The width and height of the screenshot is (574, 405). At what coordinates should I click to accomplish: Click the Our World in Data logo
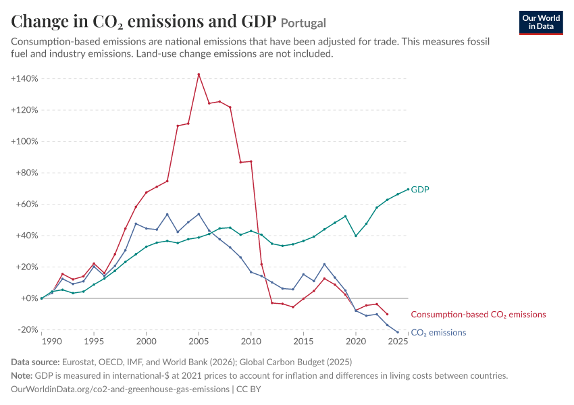(541, 23)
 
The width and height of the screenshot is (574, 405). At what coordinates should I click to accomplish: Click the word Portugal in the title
(303, 23)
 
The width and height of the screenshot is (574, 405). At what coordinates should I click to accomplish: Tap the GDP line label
(420, 190)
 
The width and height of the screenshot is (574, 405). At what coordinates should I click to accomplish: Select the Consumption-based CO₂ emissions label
(478, 315)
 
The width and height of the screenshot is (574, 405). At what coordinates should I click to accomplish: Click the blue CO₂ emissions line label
(438, 333)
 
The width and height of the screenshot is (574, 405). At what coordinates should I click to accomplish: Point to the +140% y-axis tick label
(24, 79)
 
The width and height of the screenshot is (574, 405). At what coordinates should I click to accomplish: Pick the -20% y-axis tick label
(28, 329)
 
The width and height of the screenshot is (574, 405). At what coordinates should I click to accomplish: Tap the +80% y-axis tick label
(27, 173)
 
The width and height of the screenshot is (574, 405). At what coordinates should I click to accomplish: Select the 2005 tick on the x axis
(199, 342)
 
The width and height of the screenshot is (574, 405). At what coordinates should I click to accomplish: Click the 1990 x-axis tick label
(51, 342)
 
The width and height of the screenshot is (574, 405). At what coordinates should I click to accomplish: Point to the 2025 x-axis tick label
(398, 342)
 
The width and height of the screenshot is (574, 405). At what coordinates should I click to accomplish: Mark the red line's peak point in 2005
(199, 74)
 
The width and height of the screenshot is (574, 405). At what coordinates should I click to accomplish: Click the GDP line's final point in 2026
(408, 189)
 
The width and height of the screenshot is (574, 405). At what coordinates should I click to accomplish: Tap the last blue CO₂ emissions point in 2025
(398, 332)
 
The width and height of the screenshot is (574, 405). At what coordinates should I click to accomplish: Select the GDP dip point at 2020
(356, 236)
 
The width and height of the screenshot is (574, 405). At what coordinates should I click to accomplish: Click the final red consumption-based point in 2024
(388, 314)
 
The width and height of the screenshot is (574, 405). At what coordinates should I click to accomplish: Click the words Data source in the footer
(35, 362)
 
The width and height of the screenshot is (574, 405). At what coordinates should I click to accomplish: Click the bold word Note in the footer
(22, 376)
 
